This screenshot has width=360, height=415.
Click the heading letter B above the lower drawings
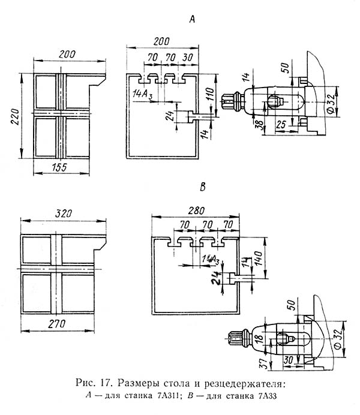pyautogui.click(x=202, y=187)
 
